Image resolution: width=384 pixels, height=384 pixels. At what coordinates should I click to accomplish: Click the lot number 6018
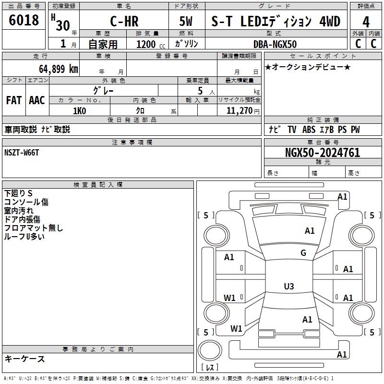click(24, 21)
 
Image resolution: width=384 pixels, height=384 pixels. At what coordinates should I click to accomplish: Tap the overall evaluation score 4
click(366, 22)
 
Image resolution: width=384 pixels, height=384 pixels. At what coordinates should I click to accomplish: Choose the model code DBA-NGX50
click(275, 44)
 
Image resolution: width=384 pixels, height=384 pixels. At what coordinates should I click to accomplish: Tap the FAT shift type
click(14, 100)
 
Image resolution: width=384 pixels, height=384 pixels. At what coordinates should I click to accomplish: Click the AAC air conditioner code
click(37, 100)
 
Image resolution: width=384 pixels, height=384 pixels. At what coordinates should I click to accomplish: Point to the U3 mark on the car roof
click(289, 287)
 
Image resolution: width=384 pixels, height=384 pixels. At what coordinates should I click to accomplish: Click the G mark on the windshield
click(303, 253)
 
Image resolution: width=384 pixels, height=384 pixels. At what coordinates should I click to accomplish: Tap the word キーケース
click(24, 359)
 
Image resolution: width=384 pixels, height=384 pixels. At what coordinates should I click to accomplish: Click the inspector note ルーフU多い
click(24, 237)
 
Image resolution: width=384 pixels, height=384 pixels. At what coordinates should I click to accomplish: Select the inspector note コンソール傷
click(26, 202)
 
